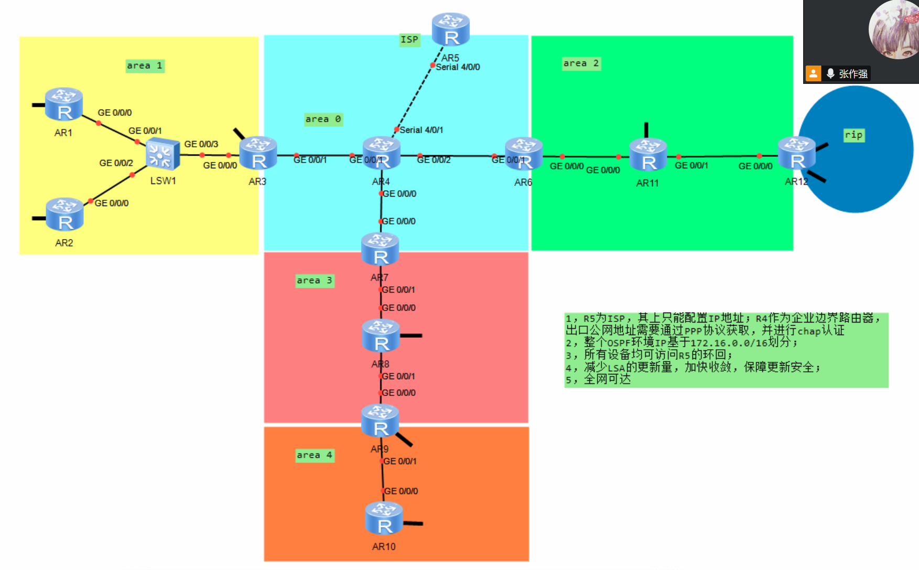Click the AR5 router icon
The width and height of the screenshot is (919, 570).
coord(450,29)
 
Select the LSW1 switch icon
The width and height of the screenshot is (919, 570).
coord(163,155)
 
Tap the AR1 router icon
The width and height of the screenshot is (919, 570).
coord(63,104)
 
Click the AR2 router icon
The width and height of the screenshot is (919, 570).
coord(64,214)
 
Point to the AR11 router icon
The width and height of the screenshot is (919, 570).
coord(648,155)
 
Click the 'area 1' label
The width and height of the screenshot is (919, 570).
coord(145,66)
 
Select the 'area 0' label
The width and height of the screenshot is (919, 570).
coord(323,119)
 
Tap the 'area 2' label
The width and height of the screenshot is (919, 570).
coord(581,63)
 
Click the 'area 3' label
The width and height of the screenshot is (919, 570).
coord(315,281)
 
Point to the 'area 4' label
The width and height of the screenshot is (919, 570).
coord(315,455)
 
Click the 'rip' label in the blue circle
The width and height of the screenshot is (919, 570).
coord(853,135)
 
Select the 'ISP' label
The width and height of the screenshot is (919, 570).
coord(409,39)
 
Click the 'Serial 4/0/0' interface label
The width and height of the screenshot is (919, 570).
coord(458,67)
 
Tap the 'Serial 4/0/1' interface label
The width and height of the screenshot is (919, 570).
coord(421,130)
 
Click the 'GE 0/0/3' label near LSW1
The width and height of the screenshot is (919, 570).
coord(201,144)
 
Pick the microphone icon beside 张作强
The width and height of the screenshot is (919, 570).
coord(830,73)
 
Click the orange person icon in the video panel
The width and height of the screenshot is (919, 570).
coord(813,73)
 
